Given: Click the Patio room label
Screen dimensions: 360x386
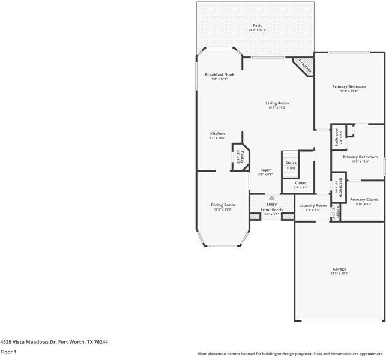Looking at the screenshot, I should pos(258,25).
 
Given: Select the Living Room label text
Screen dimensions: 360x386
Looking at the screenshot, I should pos(277,103).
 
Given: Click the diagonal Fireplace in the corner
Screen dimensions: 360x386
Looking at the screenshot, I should pos(304,66).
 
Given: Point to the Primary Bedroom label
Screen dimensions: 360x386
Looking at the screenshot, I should pos(348,86).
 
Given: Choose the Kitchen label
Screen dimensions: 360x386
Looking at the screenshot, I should pos(217,133).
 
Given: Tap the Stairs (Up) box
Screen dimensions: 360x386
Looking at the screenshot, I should pos(291,165).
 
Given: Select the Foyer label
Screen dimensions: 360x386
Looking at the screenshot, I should pos(265,170).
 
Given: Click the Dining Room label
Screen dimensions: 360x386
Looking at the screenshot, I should pos(223,205).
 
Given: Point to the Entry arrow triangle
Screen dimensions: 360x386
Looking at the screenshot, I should pos(271,197).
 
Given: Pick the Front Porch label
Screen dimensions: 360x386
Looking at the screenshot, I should pos(271,209).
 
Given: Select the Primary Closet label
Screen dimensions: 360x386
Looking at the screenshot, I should pos(363,199).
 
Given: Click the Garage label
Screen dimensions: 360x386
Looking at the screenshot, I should pos(339,269).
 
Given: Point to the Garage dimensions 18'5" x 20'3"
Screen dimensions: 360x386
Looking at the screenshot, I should pos(339,274).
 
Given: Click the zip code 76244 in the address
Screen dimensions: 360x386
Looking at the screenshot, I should pos(100,341).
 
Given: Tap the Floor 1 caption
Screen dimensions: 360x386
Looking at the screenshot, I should pos(8,352).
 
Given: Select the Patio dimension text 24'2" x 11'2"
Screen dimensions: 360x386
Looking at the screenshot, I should pos(258,30).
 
